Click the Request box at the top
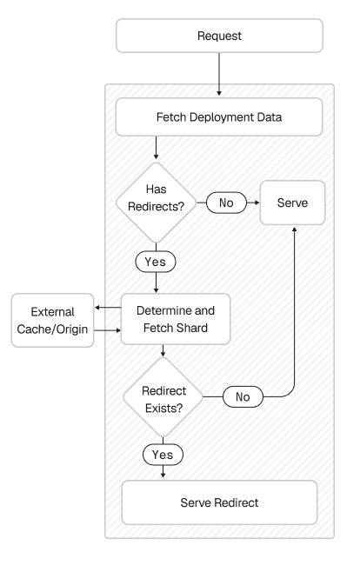coord(219,37)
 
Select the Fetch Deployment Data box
coord(219,116)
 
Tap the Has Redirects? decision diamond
coord(155,203)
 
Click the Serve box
coord(294,203)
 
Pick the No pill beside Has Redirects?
coord(226,203)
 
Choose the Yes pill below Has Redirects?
coord(155,261)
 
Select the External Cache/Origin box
coord(51,319)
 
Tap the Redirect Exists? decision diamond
coord(163,396)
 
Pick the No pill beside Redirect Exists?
coord(243,396)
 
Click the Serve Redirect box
coord(220,502)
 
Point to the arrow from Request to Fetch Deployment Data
coord(219,75)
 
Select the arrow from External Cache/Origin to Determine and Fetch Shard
coord(108,330)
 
